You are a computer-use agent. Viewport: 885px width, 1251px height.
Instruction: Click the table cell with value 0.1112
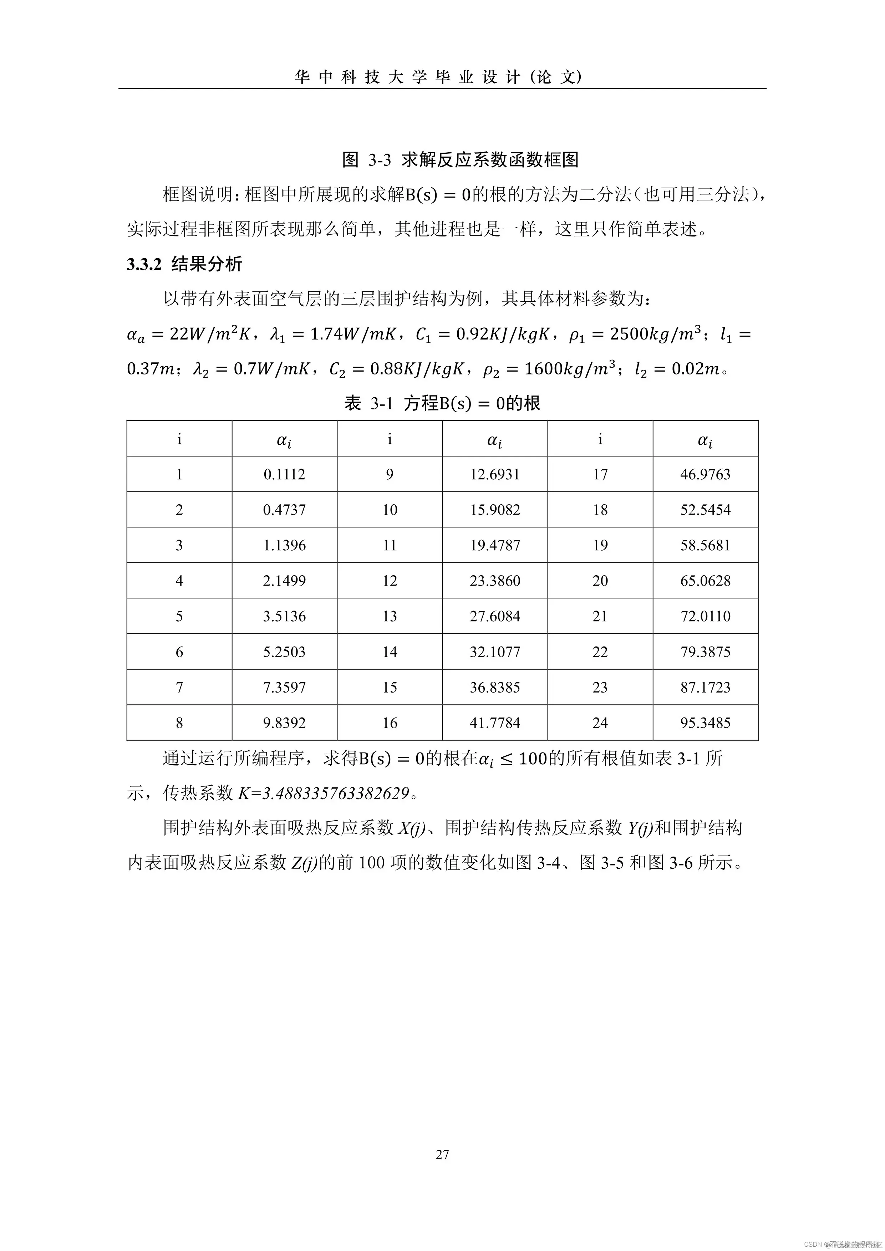pyautogui.click(x=284, y=474)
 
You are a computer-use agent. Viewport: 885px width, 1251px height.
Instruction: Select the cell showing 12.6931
pyautogui.click(x=495, y=474)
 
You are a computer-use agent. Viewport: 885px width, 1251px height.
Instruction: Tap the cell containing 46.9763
pyautogui.click(x=705, y=474)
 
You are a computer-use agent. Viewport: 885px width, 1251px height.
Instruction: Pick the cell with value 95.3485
pyautogui.click(x=705, y=722)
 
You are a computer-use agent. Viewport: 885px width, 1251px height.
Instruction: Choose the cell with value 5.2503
pyautogui.click(x=284, y=652)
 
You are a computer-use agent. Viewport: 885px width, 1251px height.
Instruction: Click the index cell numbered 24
pyautogui.click(x=600, y=722)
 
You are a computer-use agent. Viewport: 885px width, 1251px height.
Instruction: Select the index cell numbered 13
pyautogui.click(x=390, y=616)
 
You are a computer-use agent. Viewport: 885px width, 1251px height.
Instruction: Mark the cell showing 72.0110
pyautogui.click(x=705, y=616)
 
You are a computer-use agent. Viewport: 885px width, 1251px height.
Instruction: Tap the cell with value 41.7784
pyautogui.click(x=495, y=722)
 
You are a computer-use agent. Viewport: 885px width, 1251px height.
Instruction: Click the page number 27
pyautogui.click(x=442, y=1154)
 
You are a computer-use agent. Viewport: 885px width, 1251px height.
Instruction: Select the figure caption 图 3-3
pyautogui.click(x=367, y=160)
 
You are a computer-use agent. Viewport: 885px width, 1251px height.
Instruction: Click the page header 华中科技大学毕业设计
pyautogui.click(x=439, y=77)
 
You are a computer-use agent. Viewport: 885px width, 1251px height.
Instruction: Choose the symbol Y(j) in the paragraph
pyautogui.click(x=640, y=828)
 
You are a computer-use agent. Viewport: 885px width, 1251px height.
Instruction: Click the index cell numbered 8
pyautogui.click(x=179, y=722)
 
